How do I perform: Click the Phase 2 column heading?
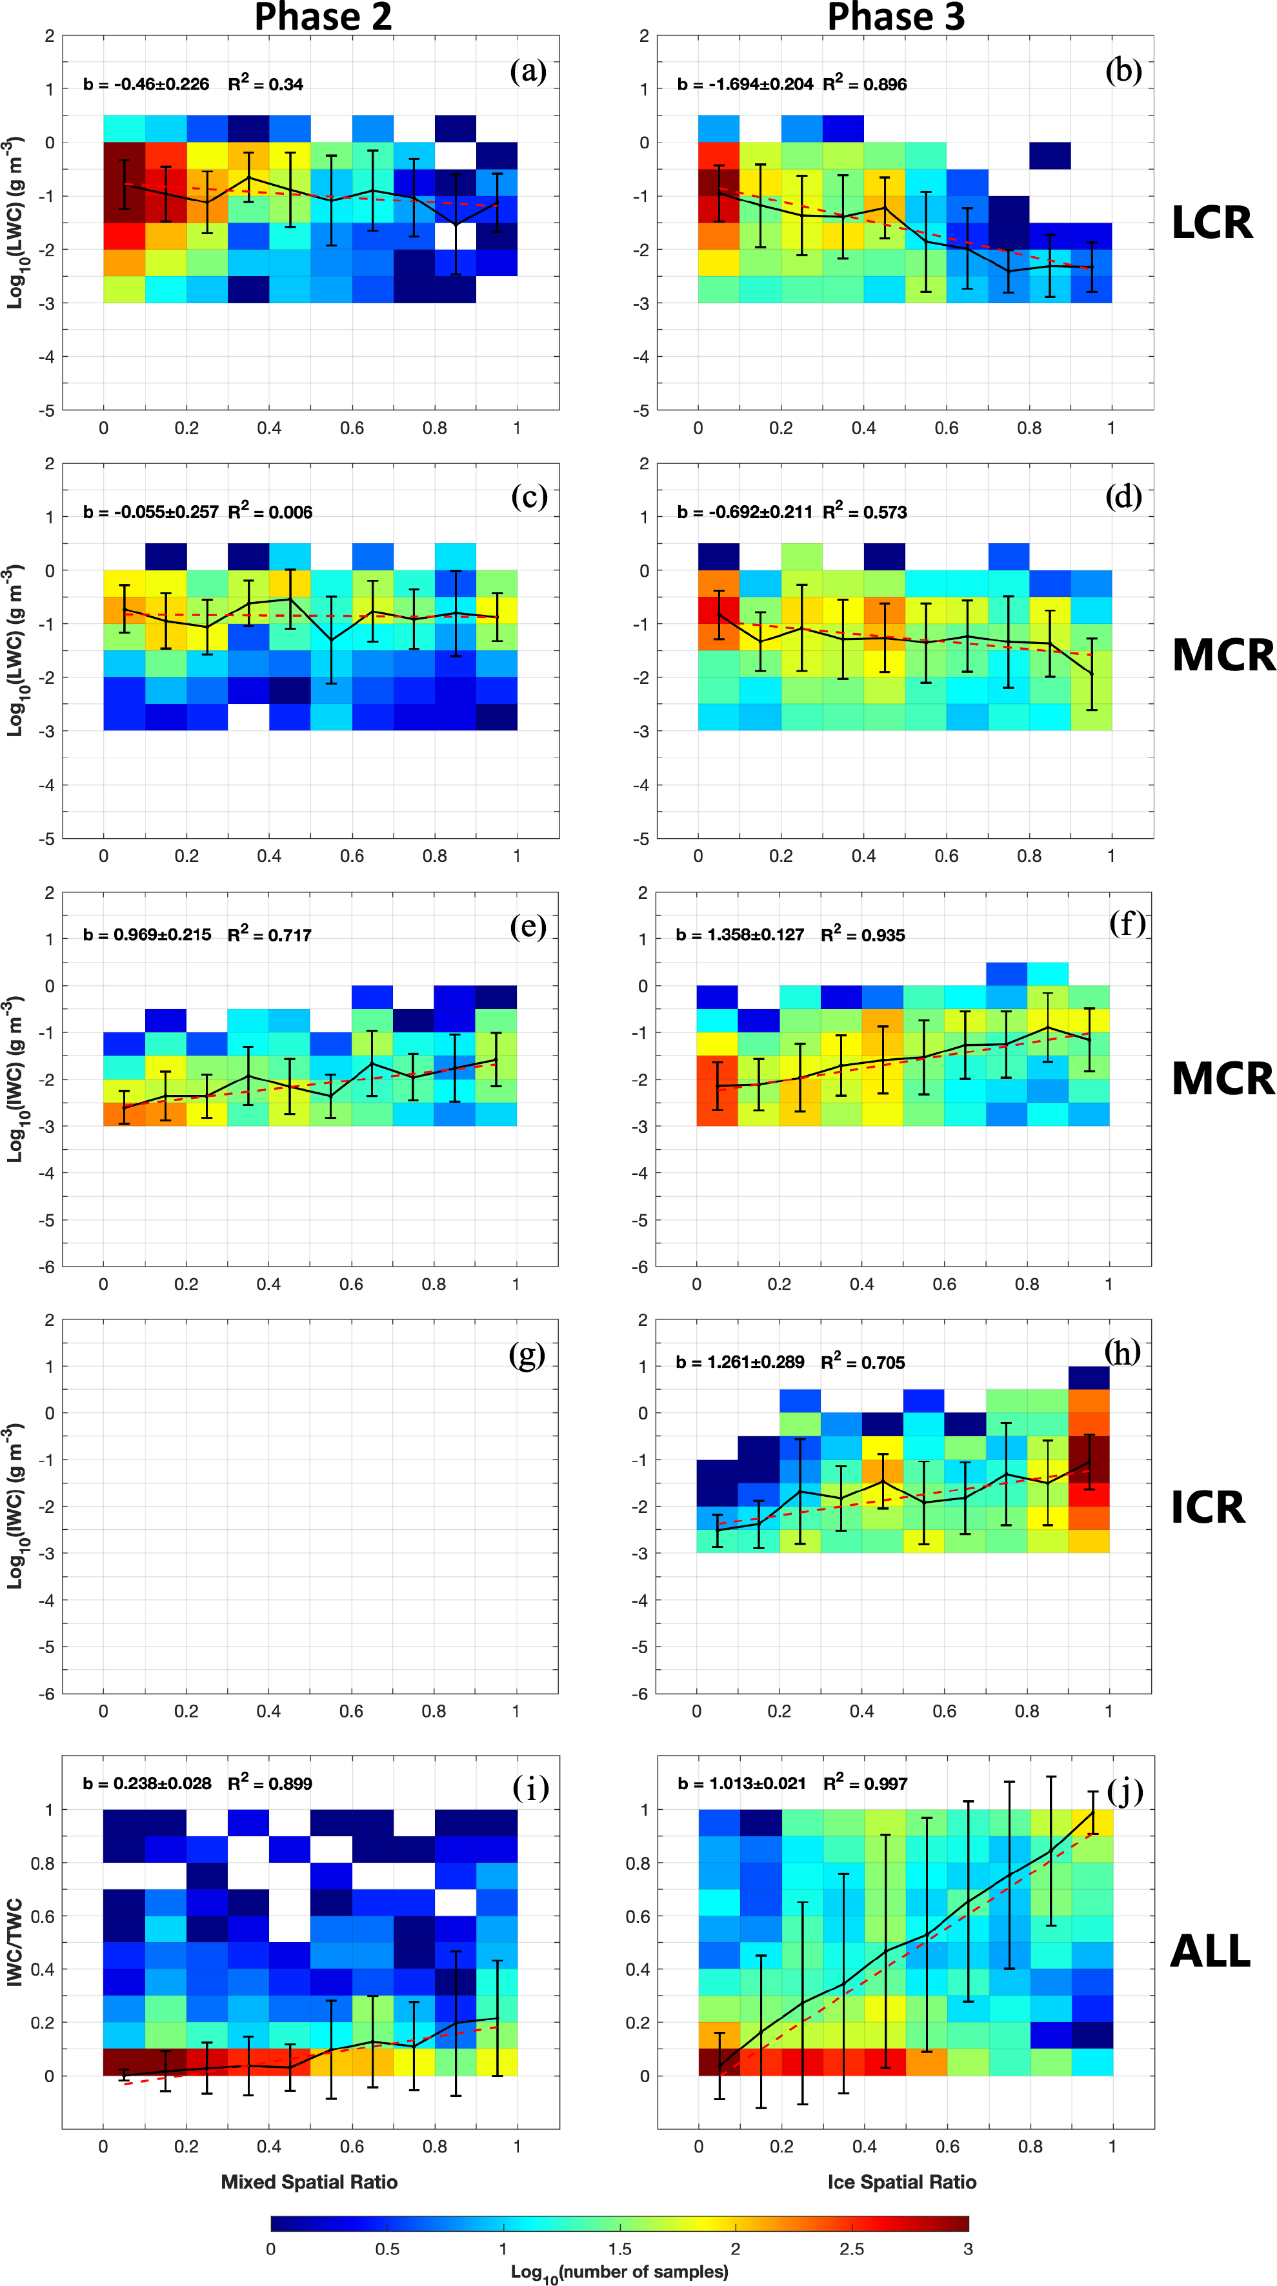point(323,17)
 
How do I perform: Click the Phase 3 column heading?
point(896,17)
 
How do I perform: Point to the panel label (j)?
point(1125,1792)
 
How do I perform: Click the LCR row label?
point(1211,223)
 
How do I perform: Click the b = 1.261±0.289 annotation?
point(740,1362)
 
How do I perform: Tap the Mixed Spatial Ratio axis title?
point(309,2182)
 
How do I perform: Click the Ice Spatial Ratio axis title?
point(901,2182)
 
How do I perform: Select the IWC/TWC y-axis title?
point(14,1941)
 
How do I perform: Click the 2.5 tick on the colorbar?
point(851,2249)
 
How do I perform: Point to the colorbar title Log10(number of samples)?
point(619,2272)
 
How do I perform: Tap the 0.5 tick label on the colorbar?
point(387,2249)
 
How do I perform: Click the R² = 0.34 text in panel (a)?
point(265,85)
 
